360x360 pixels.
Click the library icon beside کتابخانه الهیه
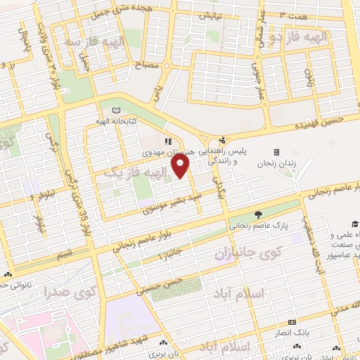coord(115,110)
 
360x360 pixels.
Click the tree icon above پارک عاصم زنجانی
coord(259,214)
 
